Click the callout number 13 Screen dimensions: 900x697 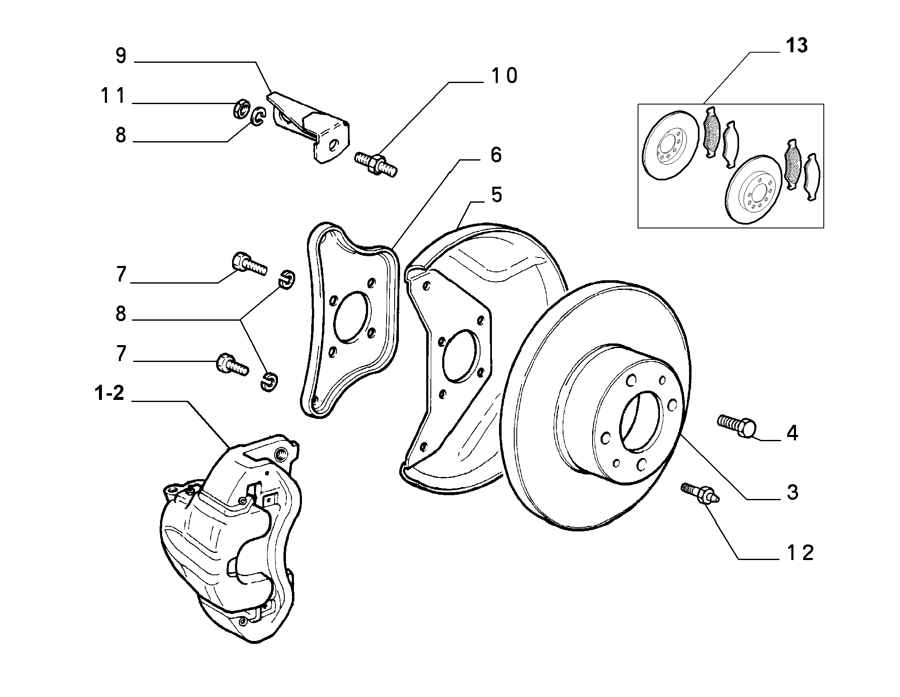coord(796,46)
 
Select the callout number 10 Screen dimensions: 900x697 coord(504,76)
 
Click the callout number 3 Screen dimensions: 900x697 coord(792,492)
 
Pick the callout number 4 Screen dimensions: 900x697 coord(792,433)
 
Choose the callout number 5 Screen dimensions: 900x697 coord(497,195)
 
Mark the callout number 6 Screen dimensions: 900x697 coord(496,155)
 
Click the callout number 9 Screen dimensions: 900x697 coord(121,56)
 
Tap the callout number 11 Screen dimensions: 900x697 coord(113,96)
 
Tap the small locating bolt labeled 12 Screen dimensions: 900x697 coord(700,493)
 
